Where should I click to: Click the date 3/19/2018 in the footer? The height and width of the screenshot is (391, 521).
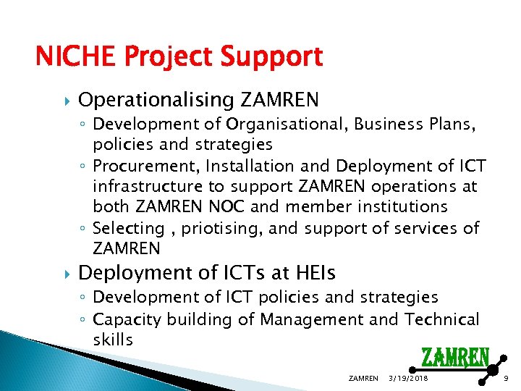[x=408, y=379]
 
